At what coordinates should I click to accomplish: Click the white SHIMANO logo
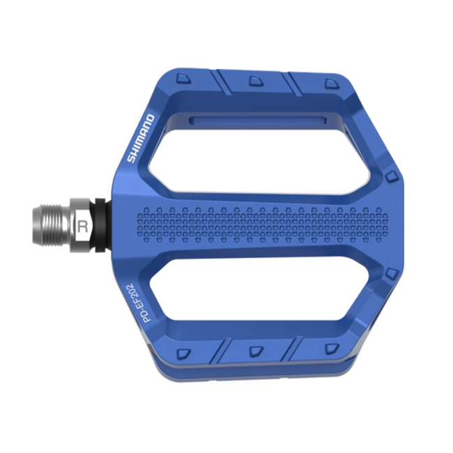[139, 138]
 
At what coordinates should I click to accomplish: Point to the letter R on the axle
[84, 226]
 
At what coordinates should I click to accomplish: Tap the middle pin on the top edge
[256, 81]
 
